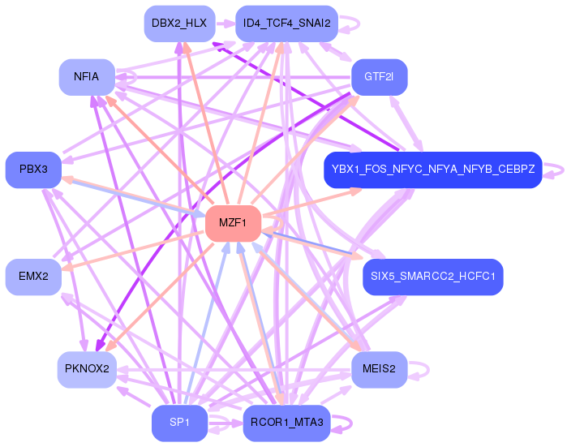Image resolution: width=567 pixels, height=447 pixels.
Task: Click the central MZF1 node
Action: pyautogui.click(x=233, y=223)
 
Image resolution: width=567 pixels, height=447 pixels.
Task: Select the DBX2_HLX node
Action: pyautogui.click(x=179, y=24)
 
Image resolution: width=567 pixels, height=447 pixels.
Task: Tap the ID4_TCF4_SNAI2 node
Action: pyautogui.click(x=286, y=24)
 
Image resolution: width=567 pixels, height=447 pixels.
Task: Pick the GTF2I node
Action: pyautogui.click(x=379, y=77)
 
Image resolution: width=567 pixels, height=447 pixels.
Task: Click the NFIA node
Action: pyautogui.click(x=86, y=77)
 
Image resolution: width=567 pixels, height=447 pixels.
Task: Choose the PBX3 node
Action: pyautogui.click(x=33, y=169)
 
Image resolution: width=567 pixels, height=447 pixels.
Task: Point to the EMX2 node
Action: pyautogui.click(x=33, y=277)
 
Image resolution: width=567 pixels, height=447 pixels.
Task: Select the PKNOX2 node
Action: pyautogui.click(x=86, y=369)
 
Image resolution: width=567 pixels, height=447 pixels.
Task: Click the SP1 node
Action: pyautogui.click(x=179, y=423)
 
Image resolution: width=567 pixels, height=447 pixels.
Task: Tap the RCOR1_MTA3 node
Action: pyautogui.click(x=286, y=423)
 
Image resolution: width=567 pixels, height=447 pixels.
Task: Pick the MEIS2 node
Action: pyautogui.click(x=379, y=369)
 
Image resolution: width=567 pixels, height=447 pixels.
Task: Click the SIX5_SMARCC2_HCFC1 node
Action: pyautogui.click(x=433, y=277)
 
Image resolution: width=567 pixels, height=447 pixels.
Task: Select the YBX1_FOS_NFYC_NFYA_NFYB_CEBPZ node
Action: pyautogui.click(x=432, y=170)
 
